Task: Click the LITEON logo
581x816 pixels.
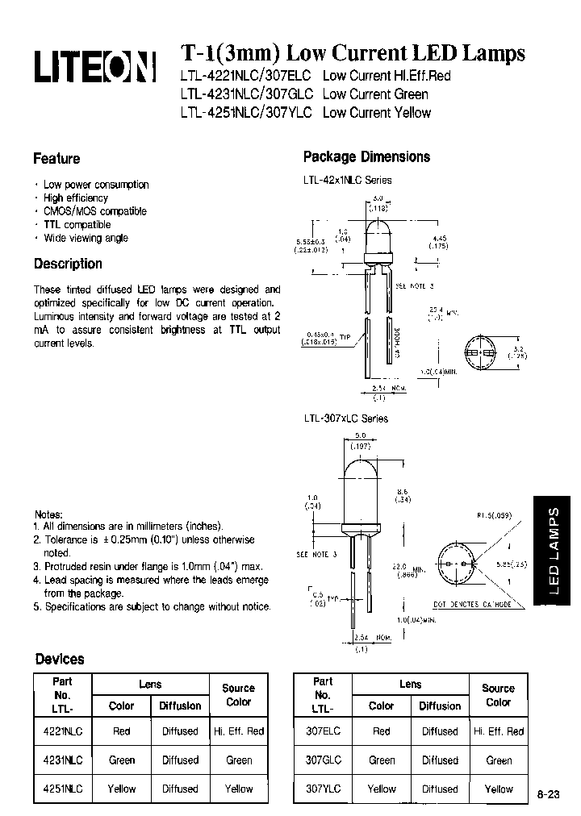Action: (94, 67)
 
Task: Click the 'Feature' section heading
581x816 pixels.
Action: (56, 159)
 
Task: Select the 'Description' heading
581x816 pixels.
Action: (68, 264)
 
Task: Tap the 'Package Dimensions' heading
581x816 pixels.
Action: (366, 157)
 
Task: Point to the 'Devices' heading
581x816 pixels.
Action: (59, 659)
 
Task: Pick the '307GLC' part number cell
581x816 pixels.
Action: (323, 760)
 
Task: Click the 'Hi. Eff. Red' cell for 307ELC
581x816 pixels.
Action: (498, 731)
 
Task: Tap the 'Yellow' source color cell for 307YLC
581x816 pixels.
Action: (498, 789)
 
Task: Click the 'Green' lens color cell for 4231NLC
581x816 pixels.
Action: (122, 760)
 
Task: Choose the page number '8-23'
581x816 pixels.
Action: (548, 794)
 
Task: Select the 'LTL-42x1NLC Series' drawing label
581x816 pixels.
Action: (348, 180)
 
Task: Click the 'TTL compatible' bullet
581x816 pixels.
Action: (77, 225)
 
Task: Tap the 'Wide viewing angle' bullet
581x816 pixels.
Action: (86, 238)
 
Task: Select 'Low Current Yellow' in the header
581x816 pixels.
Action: (376, 113)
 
